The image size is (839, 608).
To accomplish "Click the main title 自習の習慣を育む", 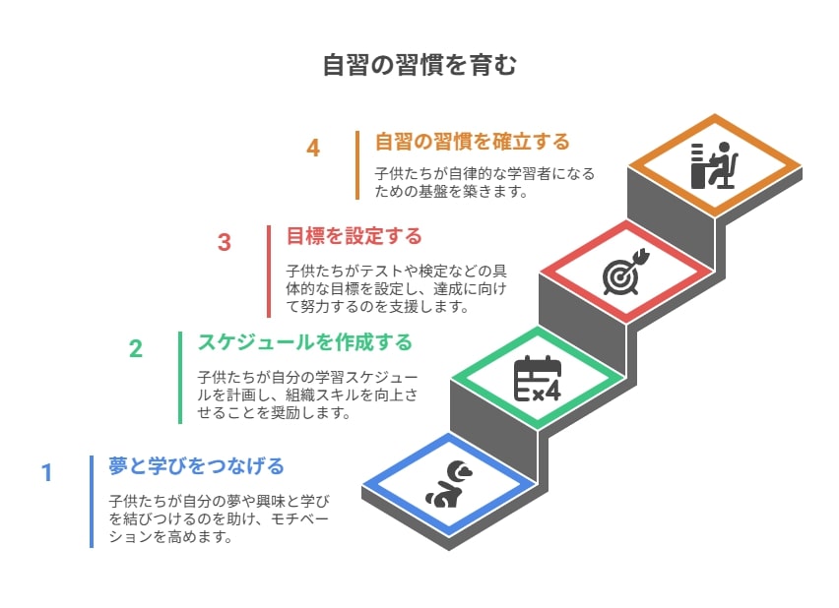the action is [419, 65].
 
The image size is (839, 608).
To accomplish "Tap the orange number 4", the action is [313, 149].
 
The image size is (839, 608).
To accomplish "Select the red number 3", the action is [225, 242].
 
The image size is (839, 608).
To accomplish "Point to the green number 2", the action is [136, 348].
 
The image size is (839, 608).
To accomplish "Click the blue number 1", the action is [47, 472].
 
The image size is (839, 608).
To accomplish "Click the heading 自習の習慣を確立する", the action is [473, 142].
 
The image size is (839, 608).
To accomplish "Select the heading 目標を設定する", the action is [355, 236].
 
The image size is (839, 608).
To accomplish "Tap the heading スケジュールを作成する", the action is [305, 342].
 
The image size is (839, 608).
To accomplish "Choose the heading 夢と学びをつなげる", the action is [196, 466].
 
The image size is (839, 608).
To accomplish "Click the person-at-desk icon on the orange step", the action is [714, 165].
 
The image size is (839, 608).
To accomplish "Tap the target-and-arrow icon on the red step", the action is [625, 272].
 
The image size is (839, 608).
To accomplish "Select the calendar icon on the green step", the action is [538, 378].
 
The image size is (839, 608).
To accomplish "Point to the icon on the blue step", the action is [449, 484].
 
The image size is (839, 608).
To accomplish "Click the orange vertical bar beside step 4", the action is [357, 165].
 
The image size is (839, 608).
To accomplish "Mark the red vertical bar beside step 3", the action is [269, 272].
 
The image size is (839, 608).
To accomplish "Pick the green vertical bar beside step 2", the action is [180, 378].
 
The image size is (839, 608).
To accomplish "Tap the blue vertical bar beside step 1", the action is [92, 502].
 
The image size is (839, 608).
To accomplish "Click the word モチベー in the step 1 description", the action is [299, 519].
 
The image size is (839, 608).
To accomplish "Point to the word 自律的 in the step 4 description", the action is [471, 174].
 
